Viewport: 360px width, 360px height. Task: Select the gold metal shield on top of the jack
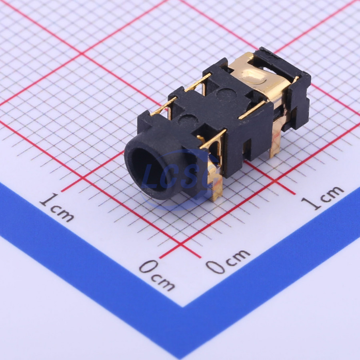[257, 81]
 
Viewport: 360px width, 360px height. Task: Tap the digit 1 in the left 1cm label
[48, 200]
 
